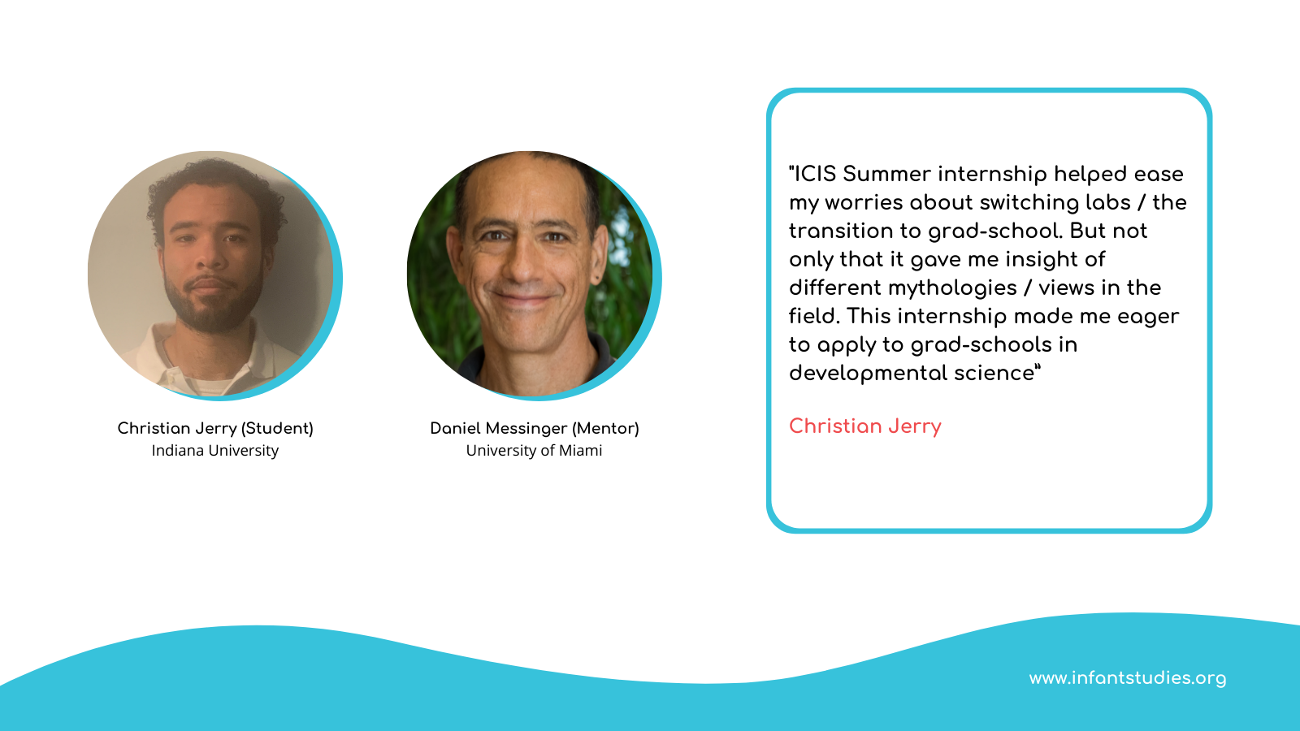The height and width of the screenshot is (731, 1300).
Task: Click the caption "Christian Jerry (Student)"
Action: coord(215,428)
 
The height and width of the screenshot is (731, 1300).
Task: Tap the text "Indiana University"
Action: coord(215,451)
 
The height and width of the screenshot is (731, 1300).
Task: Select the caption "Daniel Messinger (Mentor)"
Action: coord(535,428)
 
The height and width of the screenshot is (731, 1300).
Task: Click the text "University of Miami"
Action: coord(534,451)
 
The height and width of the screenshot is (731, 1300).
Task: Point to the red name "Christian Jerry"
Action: coord(864,426)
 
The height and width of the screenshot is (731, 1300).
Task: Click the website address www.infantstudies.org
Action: coord(1128,678)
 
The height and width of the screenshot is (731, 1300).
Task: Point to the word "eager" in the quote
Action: coord(1149,317)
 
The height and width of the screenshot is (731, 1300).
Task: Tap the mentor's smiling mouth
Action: coord(522,298)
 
